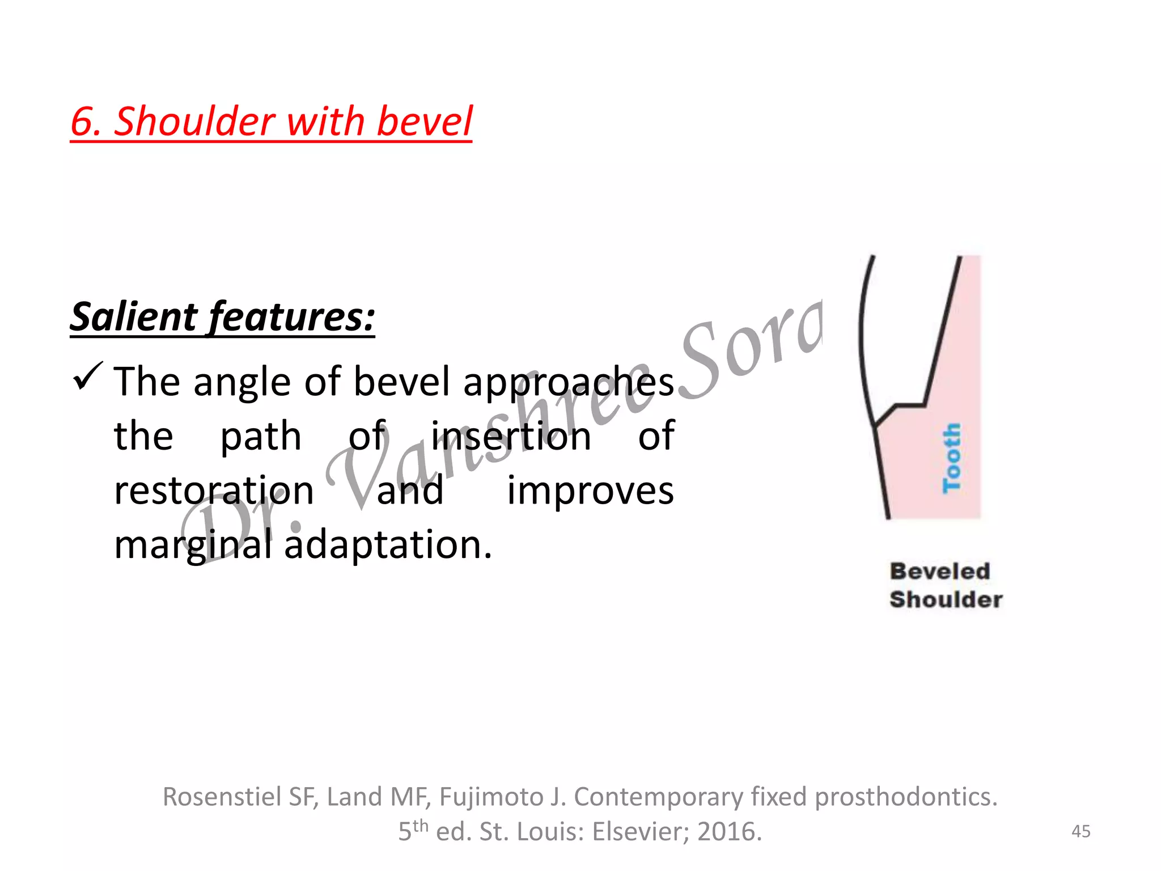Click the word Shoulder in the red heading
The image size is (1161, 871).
coord(194,122)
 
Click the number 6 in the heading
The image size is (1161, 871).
coord(81,122)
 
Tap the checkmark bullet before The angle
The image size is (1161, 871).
coord(88,377)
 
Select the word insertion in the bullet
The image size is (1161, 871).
coord(511,436)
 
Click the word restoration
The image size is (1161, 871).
coord(214,491)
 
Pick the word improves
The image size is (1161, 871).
coord(590,491)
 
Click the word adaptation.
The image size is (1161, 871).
coord(388,545)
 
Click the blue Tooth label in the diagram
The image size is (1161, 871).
coord(952,458)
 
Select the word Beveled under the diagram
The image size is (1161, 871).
coord(940,571)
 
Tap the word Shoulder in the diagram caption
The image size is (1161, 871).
coord(946,599)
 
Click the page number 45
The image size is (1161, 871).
coord(1081,831)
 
